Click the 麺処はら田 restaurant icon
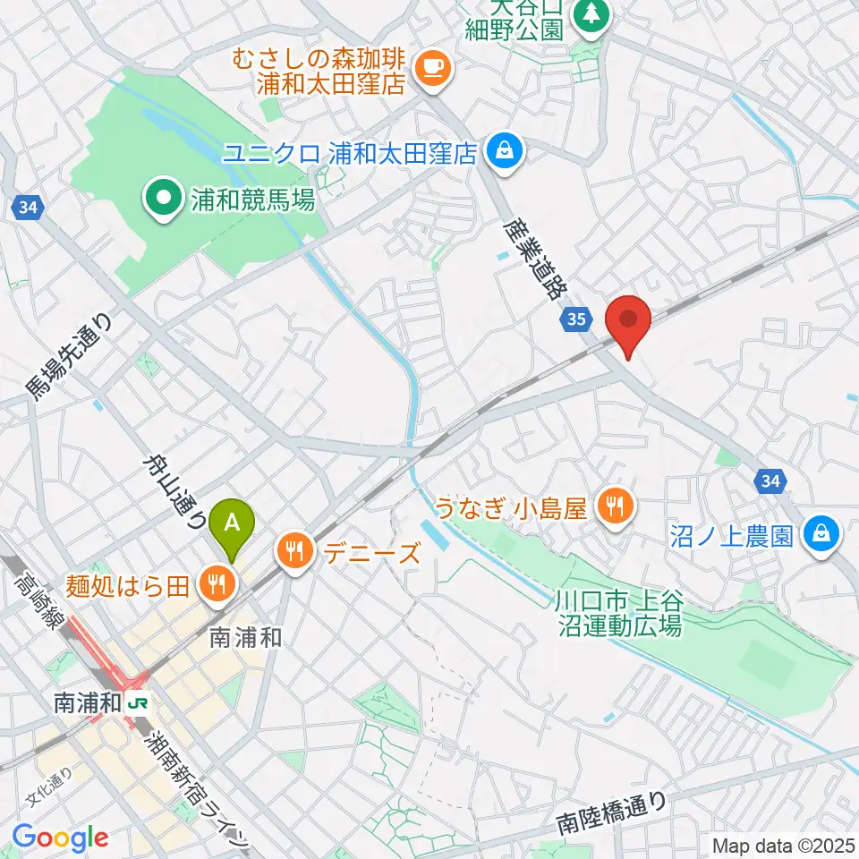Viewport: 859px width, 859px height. click(216, 585)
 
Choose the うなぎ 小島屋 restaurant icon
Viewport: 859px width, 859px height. click(614, 508)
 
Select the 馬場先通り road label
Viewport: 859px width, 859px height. click(70, 355)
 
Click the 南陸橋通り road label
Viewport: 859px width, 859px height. click(611, 809)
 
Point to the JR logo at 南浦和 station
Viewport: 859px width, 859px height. click(139, 702)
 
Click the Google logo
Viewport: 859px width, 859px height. click(61, 838)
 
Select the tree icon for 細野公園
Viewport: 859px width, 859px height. click(590, 14)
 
